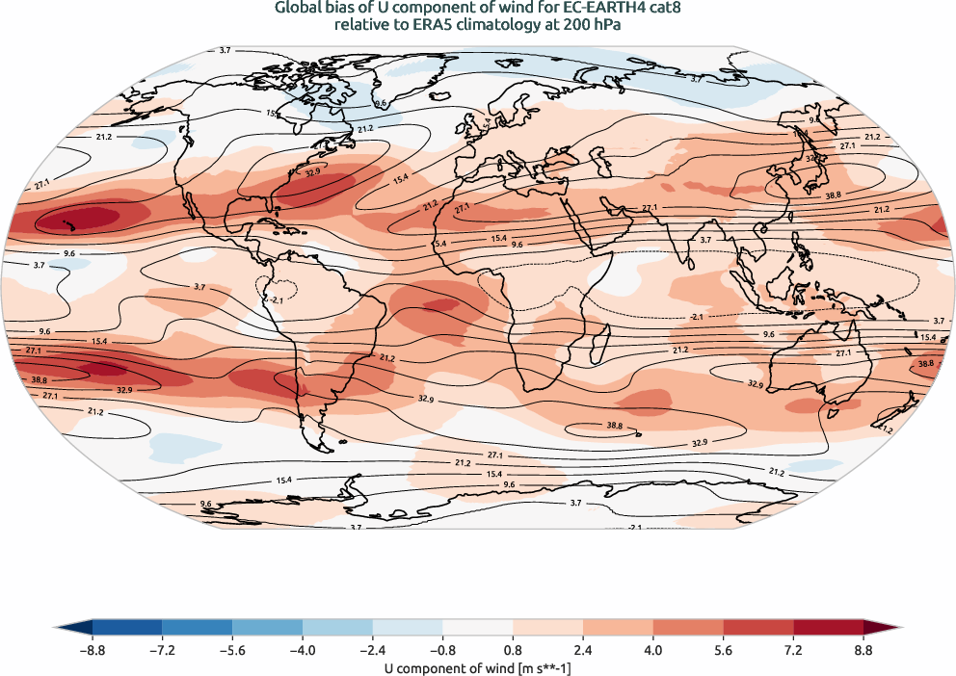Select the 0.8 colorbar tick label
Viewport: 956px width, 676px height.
pyautogui.click(x=514, y=651)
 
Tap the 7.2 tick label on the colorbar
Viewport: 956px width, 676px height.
pyautogui.click(x=793, y=651)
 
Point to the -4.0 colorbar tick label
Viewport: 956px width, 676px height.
pyautogui.click(x=303, y=651)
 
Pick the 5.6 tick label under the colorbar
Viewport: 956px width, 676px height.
pyautogui.click(x=723, y=651)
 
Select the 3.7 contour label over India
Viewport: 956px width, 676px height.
pyautogui.click(x=705, y=239)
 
